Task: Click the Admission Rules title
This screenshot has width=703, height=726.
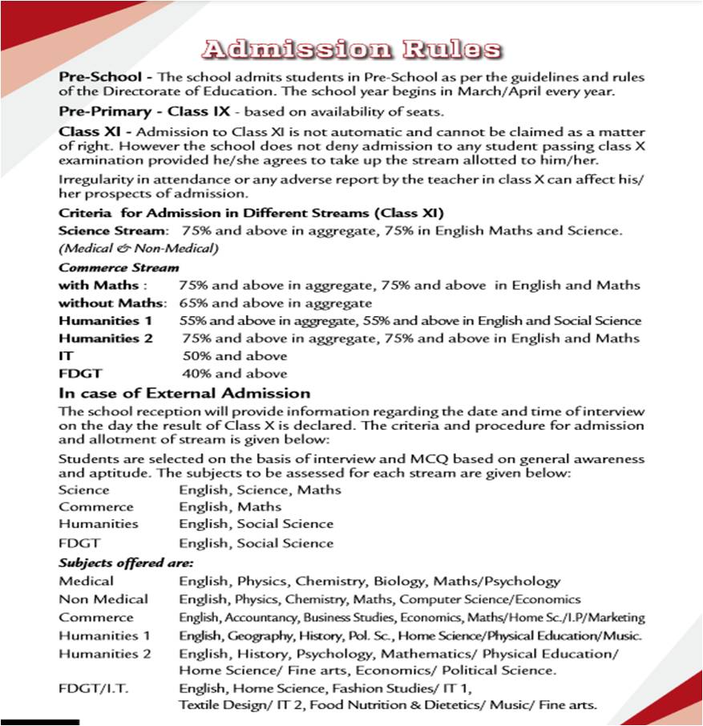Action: (352, 49)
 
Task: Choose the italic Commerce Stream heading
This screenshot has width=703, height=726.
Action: (119, 267)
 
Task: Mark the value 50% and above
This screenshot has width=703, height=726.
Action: (235, 355)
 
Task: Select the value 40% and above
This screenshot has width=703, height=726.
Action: (235, 373)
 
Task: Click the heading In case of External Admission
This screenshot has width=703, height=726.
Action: (184, 393)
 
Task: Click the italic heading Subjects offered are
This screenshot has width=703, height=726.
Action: (126, 562)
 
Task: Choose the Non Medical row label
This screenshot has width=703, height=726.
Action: (103, 598)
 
